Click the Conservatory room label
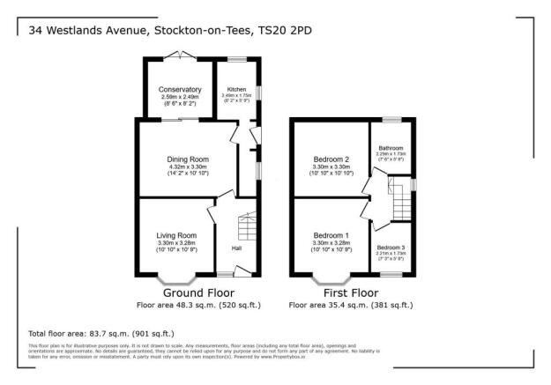click(x=180, y=90)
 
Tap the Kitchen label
click(x=236, y=90)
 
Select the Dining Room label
click(x=187, y=159)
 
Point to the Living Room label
click(x=177, y=235)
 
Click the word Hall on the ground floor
click(x=236, y=248)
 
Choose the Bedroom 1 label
click(x=331, y=235)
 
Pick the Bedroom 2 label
click(x=331, y=159)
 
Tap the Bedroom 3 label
click(x=391, y=248)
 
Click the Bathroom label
click(x=391, y=148)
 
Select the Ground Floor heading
click(x=184, y=292)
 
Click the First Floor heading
click(x=350, y=292)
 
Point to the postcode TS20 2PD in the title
click(x=285, y=30)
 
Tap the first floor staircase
click(x=402, y=202)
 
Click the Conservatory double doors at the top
click(x=179, y=56)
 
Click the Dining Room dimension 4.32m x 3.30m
click(x=187, y=167)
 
